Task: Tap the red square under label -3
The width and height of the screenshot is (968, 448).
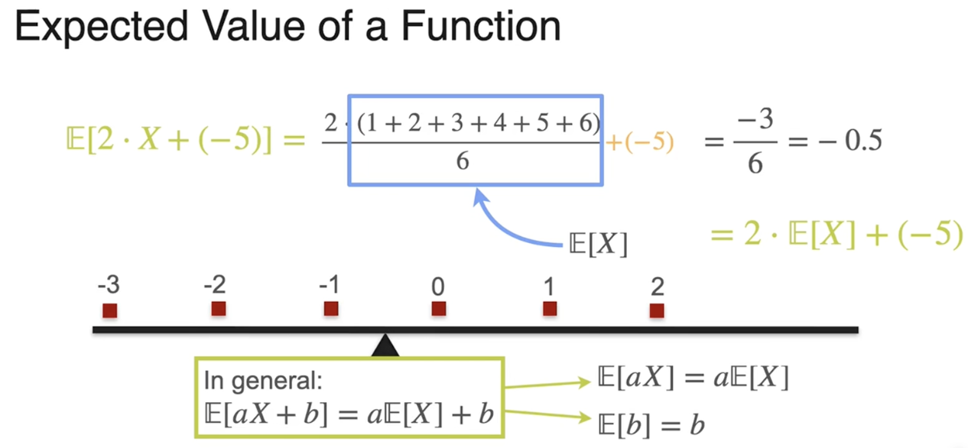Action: coord(110,310)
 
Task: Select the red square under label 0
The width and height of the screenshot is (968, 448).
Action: coord(438,308)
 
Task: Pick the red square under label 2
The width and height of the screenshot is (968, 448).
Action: coord(657,310)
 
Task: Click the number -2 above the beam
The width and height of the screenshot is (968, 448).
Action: coord(215,287)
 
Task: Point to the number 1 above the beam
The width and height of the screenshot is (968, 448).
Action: coord(549,287)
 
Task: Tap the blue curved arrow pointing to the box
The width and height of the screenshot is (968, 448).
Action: coord(505,226)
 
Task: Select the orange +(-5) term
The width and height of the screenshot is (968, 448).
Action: coord(639,142)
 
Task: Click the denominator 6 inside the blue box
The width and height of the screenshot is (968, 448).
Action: coord(462,162)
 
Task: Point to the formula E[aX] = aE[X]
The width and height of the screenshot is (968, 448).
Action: coord(692,378)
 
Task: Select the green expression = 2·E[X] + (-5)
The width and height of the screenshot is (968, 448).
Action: coord(836,235)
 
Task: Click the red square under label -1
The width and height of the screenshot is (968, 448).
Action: coord(330,309)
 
